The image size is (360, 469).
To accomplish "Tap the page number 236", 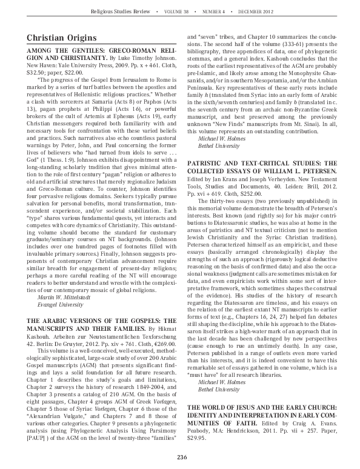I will [x=180, y=457].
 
